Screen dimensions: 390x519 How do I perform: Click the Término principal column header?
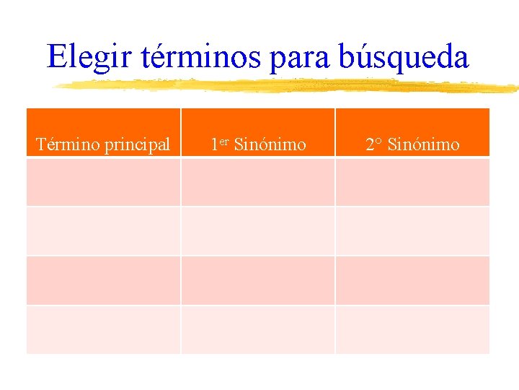pos(103,144)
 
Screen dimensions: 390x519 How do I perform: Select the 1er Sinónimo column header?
pos(258,144)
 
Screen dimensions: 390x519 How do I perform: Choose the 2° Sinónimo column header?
pos(412,144)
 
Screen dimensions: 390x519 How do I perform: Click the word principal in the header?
pos(137,145)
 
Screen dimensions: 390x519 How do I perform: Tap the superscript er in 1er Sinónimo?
pos(223,141)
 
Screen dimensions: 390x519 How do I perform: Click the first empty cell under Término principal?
pos(103,182)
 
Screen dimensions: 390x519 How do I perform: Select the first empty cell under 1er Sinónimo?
pos(258,182)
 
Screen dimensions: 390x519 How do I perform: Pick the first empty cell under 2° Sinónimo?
pos(412,182)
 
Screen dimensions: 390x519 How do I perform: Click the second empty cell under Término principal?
pos(103,231)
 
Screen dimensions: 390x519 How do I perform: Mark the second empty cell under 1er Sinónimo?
pos(258,231)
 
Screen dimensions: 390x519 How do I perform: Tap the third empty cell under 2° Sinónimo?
pos(412,280)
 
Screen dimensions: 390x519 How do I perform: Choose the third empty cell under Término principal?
pos(103,280)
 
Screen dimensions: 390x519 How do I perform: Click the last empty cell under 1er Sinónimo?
pos(258,329)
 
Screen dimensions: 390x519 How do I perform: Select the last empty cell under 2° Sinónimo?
pos(412,329)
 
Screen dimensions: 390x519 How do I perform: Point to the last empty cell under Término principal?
pos(103,329)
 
